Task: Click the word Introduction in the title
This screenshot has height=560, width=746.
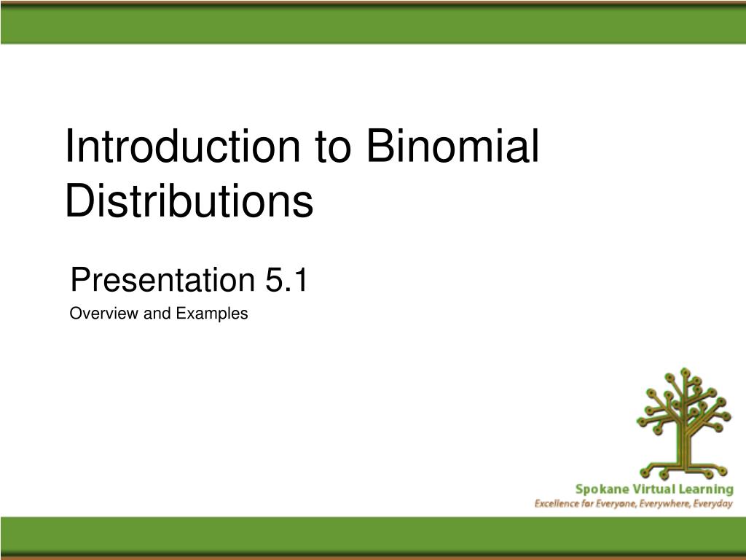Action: coord(182,146)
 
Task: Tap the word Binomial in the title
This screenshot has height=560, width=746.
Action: coord(453,146)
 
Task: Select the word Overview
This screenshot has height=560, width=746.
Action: coord(104,314)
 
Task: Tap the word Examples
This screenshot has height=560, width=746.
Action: coord(212,314)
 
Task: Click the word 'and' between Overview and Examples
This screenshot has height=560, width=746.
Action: coord(157,314)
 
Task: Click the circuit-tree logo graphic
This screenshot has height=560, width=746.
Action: coord(684,424)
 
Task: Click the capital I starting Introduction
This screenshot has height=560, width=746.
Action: coord(68,146)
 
